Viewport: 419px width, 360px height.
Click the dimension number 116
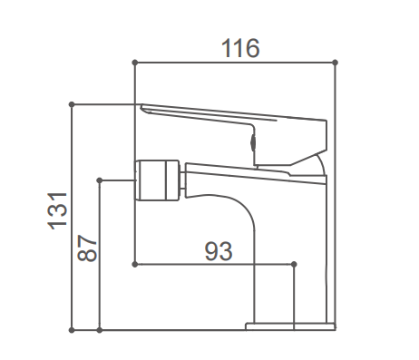[240, 48]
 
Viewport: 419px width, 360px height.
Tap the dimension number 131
[57, 210]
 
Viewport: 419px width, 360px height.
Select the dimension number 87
[87, 248]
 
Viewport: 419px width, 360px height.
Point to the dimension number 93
[219, 251]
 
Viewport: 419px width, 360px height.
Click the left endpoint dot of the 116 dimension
[135, 63]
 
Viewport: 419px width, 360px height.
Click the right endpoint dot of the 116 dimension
[335, 63]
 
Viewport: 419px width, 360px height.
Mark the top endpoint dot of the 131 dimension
[72, 104]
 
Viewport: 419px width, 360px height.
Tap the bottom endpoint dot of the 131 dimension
[72, 330]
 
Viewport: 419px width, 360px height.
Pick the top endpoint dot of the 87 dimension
[100, 180]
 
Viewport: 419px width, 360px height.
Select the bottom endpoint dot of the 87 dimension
[100, 330]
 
